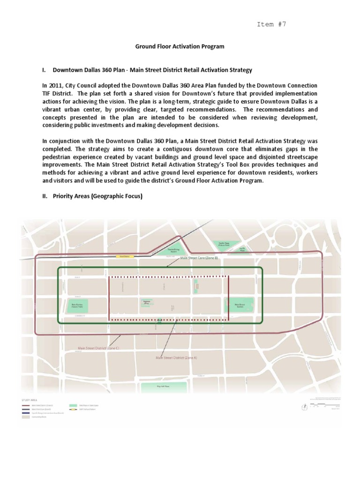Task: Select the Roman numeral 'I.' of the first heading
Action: (44, 70)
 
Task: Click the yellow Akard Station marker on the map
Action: (124, 256)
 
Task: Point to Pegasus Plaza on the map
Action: (146, 303)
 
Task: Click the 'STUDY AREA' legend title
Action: (29, 400)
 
